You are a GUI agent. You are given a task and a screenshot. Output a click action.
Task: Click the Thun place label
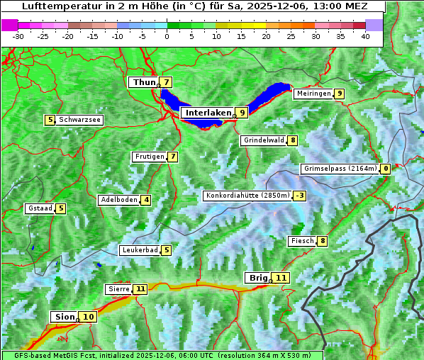(x=144, y=83)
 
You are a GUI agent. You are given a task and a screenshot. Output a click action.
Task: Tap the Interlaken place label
(x=208, y=113)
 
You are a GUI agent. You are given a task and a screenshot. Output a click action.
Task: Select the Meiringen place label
(x=313, y=94)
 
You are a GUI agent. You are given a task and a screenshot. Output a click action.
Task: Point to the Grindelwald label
(x=263, y=140)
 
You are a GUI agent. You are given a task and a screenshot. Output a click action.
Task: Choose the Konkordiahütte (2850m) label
(x=247, y=196)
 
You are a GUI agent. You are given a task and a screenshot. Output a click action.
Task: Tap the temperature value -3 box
(x=300, y=196)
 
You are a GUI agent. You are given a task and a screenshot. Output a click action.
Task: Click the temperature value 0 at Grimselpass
(x=385, y=169)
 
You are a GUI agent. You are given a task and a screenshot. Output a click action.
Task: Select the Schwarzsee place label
(x=79, y=120)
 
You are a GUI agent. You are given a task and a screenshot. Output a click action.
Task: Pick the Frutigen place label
(x=149, y=157)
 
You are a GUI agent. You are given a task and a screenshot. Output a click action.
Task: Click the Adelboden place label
(x=118, y=200)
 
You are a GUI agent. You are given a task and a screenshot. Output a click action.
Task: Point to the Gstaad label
(x=40, y=208)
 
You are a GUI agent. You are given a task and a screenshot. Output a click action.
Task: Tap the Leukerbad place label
(x=139, y=250)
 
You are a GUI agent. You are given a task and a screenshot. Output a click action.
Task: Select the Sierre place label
(x=118, y=289)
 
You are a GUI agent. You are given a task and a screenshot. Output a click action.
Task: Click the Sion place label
(x=63, y=317)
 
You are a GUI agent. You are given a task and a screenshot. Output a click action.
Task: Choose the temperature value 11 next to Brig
(x=281, y=278)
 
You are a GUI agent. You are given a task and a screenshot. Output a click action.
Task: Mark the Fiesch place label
(x=302, y=241)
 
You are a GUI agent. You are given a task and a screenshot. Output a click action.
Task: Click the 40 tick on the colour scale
(x=365, y=36)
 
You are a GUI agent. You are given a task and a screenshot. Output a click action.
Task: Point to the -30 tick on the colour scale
(x=18, y=36)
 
